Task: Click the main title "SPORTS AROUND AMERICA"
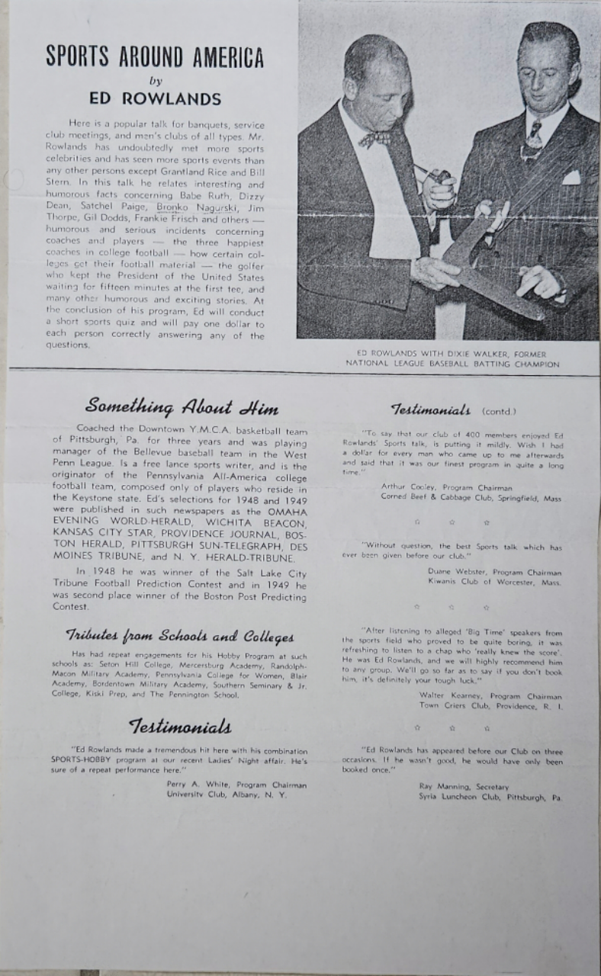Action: [x=155, y=56]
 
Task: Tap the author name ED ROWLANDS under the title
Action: [x=155, y=99]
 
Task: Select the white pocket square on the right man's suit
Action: [x=570, y=178]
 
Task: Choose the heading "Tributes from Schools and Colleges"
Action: [x=180, y=636]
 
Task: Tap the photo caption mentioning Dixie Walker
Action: [x=452, y=358]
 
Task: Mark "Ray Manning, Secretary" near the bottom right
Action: [x=463, y=786]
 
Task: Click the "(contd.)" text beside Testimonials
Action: [x=497, y=411]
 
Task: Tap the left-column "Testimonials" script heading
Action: [x=179, y=726]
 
